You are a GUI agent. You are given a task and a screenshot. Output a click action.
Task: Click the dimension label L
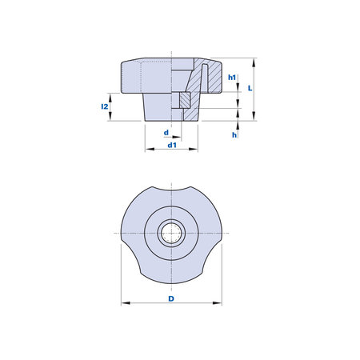click(x=250, y=88)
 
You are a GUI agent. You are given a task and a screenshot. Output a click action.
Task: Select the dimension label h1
click(x=232, y=78)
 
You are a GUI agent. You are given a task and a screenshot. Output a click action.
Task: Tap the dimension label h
click(x=234, y=135)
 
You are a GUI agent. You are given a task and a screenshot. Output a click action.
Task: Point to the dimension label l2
click(x=105, y=106)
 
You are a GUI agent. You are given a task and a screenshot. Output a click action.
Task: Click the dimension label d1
click(x=172, y=146)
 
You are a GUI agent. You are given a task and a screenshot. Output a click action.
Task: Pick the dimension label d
click(x=166, y=133)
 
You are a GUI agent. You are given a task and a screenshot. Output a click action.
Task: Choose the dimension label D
click(x=171, y=298)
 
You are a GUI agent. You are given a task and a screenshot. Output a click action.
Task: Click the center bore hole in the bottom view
click(x=171, y=234)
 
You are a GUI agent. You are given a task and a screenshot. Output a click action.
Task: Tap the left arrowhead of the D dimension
click(x=126, y=303)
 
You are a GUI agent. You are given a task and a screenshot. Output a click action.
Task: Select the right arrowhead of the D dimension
click(x=218, y=303)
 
